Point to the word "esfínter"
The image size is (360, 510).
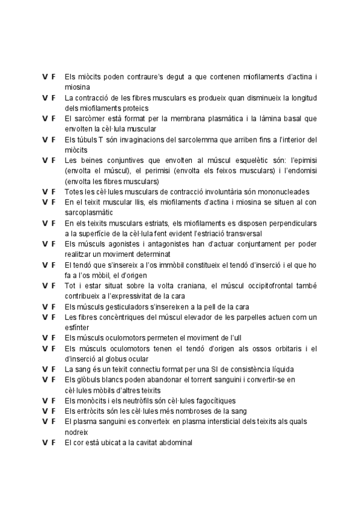point(76,327)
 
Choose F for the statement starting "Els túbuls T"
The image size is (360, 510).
point(53,140)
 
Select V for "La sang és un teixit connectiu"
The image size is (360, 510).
point(44,369)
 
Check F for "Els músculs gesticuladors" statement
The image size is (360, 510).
point(53,306)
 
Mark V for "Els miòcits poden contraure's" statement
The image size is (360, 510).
point(44,76)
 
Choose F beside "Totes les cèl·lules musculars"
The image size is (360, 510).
point(53,191)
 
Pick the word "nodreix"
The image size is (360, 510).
point(76,432)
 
